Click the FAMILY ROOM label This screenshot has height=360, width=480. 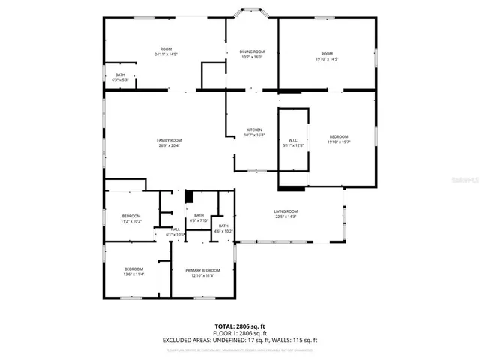[x=169, y=140]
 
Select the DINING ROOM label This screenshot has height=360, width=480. [x=251, y=52]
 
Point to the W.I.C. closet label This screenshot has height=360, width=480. [x=293, y=140]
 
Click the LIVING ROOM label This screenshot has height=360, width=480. [x=286, y=211]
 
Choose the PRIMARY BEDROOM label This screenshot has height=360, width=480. [x=202, y=270]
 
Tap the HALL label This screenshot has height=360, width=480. [x=175, y=229]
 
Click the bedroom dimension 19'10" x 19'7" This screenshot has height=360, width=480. [x=339, y=141]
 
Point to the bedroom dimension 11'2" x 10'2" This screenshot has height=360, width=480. [x=131, y=220]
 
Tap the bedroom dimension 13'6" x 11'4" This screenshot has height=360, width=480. [x=133, y=274]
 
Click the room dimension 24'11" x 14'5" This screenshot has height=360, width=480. [x=166, y=54]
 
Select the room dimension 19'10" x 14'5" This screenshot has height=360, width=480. [x=326, y=58]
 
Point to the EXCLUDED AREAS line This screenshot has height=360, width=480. [x=239, y=339]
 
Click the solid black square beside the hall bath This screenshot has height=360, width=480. [x=190, y=196]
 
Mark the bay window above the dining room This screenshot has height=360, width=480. [x=252, y=12]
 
